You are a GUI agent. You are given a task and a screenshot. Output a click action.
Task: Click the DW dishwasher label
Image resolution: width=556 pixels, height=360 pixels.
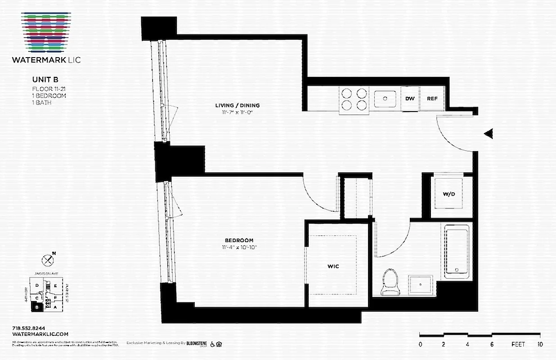tap(410, 99)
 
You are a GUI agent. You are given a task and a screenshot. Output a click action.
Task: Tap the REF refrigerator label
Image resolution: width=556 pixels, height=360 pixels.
tap(432, 99)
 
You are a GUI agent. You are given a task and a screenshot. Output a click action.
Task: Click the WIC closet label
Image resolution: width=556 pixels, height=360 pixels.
tap(333, 266)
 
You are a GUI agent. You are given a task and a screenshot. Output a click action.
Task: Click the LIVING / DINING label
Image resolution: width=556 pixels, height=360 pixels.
tap(237, 106)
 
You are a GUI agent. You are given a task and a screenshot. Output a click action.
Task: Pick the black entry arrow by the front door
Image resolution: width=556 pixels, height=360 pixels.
tap(489, 134)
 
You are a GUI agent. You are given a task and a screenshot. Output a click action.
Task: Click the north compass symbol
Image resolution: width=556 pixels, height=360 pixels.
tap(47, 260)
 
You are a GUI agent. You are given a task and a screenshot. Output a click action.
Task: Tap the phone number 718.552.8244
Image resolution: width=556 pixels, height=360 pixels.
tap(29, 328)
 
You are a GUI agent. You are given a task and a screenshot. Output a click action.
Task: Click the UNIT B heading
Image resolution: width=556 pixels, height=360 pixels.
tap(44, 80)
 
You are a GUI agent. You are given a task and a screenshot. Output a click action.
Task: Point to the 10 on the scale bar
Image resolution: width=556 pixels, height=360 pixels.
tap(540, 344)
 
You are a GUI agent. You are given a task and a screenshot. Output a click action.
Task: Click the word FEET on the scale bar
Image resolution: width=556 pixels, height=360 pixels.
tap(518, 344)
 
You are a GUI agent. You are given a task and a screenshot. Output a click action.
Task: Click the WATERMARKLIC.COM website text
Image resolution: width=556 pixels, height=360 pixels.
tap(40, 334)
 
